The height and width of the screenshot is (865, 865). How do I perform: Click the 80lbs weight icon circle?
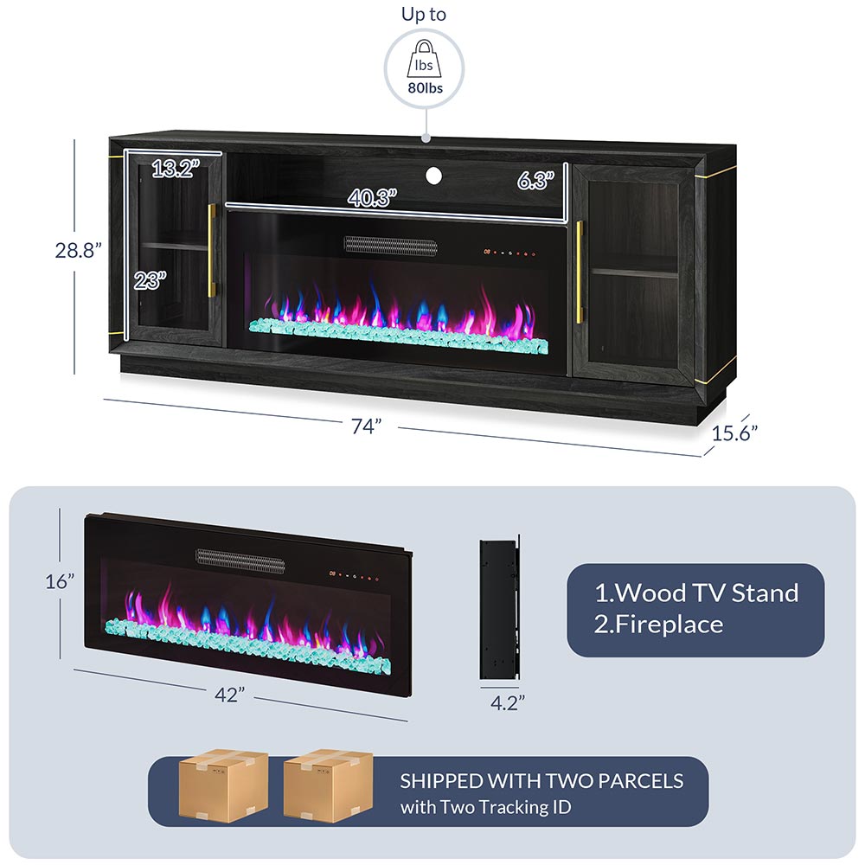[424, 67]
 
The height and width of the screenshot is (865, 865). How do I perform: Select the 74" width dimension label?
[367, 426]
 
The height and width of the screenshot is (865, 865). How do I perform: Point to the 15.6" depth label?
[735, 432]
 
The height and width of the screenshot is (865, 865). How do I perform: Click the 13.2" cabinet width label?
[176, 169]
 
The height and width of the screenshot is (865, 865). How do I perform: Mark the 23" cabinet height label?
[151, 280]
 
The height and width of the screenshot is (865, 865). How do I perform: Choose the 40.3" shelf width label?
[372, 197]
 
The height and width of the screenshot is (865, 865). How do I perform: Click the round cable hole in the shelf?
[432, 176]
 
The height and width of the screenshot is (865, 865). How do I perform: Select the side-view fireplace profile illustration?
[499, 609]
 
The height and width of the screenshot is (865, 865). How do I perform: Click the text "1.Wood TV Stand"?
[695, 593]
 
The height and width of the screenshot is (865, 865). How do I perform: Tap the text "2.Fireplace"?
[658, 625]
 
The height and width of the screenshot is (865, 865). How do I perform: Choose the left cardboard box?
[223, 785]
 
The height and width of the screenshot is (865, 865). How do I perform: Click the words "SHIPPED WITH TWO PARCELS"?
[541, 781]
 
